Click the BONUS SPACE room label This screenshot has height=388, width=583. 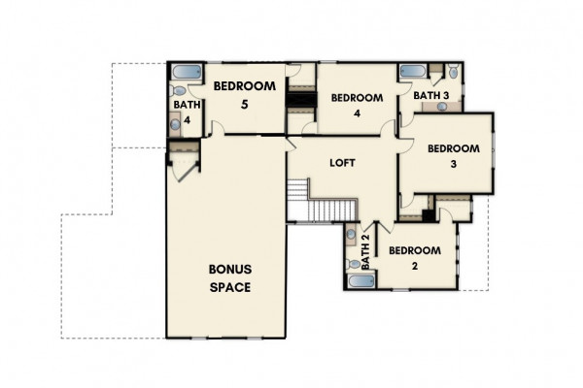pyautogui.click(x=230, y=278)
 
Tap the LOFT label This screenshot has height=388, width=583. pyautogui.click(x=342, y=163)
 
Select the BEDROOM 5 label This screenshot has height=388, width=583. pyautogui.click(x=244, y=95)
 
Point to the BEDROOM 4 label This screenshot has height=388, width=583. pyautogui.click(x=357, y=106)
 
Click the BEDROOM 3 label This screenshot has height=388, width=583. pyautogui.click(x=454, y=156)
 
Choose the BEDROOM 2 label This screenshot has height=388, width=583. pyautogui.click(x=415, y=258)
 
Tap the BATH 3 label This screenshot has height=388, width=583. pyautogui.click(x=431, y=95)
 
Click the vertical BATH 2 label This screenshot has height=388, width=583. pyautogui.click(x=365, y=252)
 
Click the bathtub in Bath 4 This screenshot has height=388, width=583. pyautogui.click(x=187, y=72)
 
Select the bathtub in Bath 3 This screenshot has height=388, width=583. pyautogui.click(x=413, y=71)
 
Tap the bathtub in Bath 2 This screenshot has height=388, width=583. pyautogui.click(x=361, y=281)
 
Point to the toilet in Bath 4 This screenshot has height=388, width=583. pyautogui.click(x=178, y=90)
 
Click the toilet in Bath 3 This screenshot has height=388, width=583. pyautogui.click(x=453, y=71)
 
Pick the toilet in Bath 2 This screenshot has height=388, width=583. pyautogui.click(x=353, y=264)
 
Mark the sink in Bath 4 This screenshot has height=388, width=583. pyautogui.click(x=175, y=124)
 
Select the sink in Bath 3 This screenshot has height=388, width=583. pyautogui.click(x=442, y=107)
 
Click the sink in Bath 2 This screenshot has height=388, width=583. pyautogui.click(x=351, y=235)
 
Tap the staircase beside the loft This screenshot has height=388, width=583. pyautogui.click(x=322, y=201)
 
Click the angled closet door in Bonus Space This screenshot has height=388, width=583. pyautogui.click(x=188, y=172)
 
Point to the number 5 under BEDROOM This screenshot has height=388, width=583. pyautogui.click(x=244, y=105)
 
